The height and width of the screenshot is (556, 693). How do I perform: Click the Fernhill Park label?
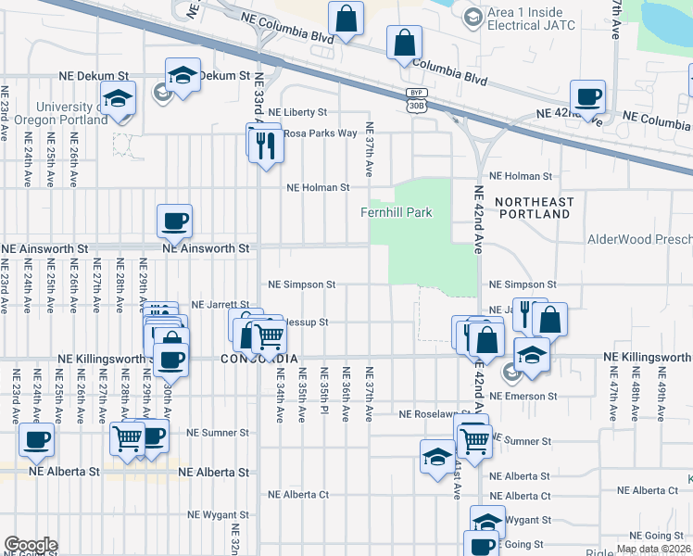[x=397, y=213]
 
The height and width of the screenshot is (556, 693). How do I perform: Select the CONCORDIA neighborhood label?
[x=260, y=358]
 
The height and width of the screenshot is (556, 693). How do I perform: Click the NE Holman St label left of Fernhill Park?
[x=318, y=187]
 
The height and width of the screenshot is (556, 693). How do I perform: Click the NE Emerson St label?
[x=523, y=396]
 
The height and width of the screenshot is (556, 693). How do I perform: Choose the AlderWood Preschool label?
[x=639, y=239]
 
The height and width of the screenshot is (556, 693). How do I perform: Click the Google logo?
[x=31, y=545]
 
